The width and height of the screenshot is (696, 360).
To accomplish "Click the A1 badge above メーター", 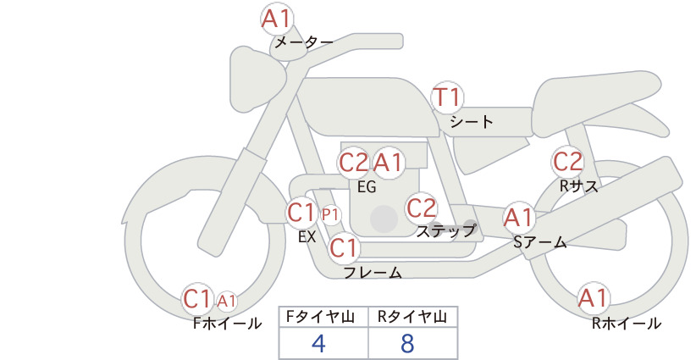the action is [277, 19].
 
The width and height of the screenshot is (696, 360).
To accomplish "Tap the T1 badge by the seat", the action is [447, 97].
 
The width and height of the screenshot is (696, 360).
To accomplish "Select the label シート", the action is [472, 122].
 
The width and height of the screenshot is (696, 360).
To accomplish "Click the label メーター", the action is [304, 42].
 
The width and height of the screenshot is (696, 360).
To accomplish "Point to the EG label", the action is [367, 187].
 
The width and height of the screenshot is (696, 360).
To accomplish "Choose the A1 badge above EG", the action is [388, 163].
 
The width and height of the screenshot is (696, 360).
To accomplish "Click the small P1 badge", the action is [331, 215].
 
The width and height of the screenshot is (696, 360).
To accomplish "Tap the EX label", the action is [307, 237].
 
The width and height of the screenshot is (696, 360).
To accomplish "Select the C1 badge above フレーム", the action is [344, 247].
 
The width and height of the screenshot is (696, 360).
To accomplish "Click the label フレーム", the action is [373, 272].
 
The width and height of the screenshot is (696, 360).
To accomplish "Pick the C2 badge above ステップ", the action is [422, 208].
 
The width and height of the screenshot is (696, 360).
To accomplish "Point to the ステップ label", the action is [445, 231].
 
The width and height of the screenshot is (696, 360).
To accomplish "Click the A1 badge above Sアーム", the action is [518, 218].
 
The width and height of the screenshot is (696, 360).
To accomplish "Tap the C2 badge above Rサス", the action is [567, 162].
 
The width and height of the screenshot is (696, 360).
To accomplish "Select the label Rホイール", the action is [627, 324].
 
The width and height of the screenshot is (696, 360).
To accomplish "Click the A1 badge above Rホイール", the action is [593, 298].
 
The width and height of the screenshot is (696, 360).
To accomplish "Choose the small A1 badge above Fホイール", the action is [226, 302].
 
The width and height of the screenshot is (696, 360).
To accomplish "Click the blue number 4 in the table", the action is [319, 343].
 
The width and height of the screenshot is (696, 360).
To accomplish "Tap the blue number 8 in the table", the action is [407, 343].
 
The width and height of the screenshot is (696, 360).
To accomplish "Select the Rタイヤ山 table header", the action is [412, 317].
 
